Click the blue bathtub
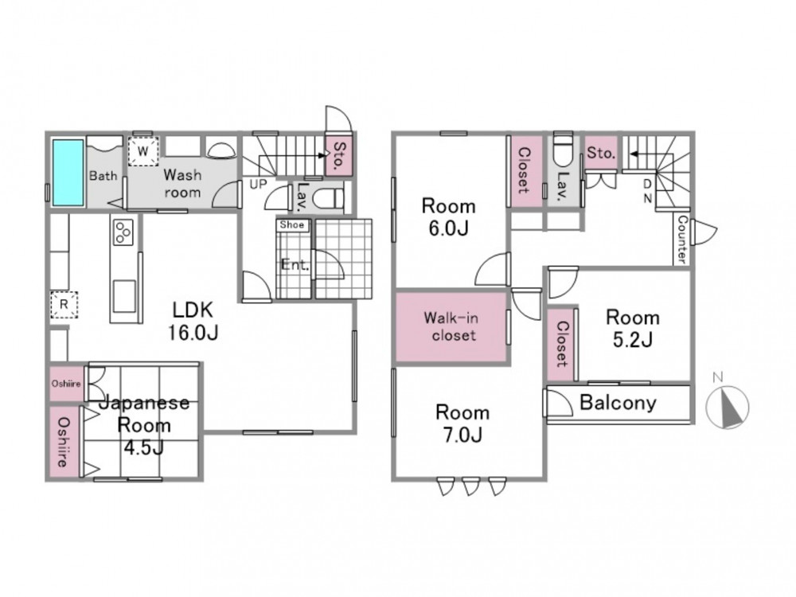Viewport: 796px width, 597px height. click(68, 173)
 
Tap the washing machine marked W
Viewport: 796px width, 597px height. click(143, 150)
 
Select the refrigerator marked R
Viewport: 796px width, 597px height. click(64, 304)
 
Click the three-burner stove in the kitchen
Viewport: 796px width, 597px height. click(123, 232)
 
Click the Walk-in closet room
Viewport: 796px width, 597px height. click(452, 326)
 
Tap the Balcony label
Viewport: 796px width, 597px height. click(618, 403)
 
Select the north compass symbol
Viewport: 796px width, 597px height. click(728, 407)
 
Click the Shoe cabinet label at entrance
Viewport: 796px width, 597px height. click(292, 225)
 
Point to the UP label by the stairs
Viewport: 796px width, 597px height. click(258, 184)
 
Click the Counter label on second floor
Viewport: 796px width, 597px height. click(682, 240)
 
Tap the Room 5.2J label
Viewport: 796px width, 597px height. click(633, 329)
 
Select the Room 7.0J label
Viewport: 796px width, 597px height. click(462, 423)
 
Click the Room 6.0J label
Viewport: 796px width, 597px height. click(449, 217)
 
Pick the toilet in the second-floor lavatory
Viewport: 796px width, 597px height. click(562, 149)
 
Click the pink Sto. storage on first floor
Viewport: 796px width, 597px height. click(338, 155)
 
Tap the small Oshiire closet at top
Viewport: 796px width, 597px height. click(67, 384)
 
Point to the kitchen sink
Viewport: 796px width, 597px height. click(124, 295)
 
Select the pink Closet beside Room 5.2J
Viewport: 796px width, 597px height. click(561, 344)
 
